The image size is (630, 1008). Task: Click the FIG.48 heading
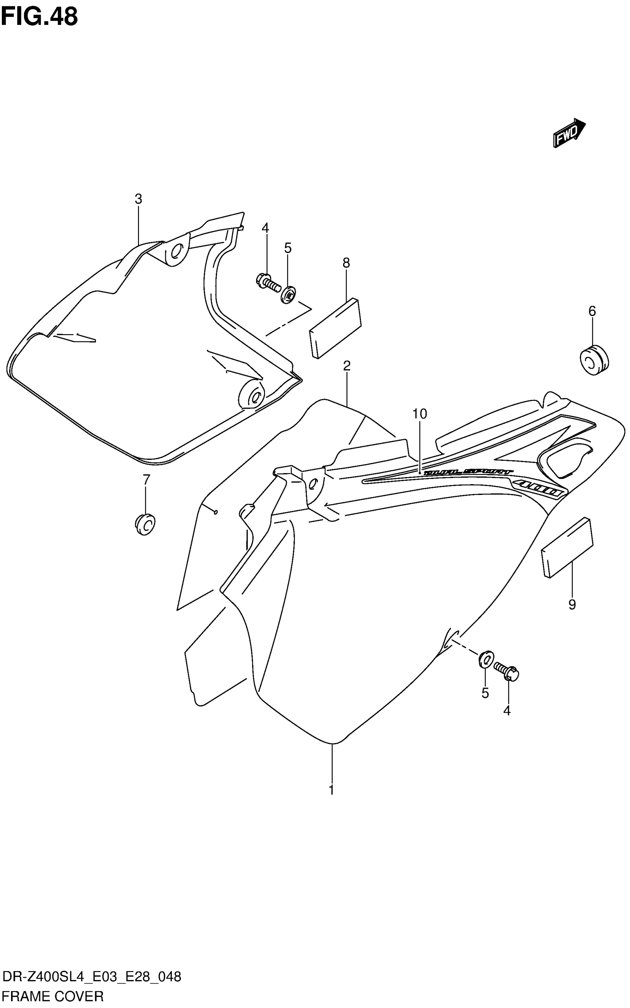(39, 17)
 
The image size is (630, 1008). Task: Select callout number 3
(138, 199)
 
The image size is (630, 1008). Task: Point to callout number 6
(592, 311)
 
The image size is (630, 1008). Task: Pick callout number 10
(420, 414)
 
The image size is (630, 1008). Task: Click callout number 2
(346, 366)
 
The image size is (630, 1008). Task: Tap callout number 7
(146, 480)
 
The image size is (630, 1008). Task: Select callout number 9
(572, 604)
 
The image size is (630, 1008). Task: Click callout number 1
(332, 790)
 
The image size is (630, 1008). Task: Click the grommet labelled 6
(594, 359)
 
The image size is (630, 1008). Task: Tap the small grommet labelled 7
(145, 525)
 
